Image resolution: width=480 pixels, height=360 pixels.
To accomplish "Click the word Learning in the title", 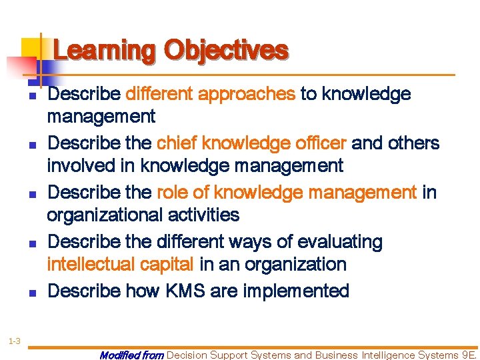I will point(105,51).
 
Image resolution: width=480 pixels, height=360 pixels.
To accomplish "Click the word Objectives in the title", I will point(226,51).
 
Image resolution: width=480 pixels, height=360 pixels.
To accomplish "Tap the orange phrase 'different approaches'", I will point(210,94).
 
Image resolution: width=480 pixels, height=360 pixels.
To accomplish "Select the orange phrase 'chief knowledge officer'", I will point(251,143).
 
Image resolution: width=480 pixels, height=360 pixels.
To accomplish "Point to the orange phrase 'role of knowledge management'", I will point(286,193).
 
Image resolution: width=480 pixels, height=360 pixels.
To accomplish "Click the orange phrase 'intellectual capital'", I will point(120,265).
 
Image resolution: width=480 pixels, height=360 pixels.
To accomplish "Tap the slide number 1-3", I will point(15,323).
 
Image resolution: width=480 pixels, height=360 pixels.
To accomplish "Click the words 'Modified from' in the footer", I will point(131,355).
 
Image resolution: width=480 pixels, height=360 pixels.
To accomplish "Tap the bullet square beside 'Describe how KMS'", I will point(32,292).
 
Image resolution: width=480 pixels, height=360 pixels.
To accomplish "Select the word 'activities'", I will point(207,215).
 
